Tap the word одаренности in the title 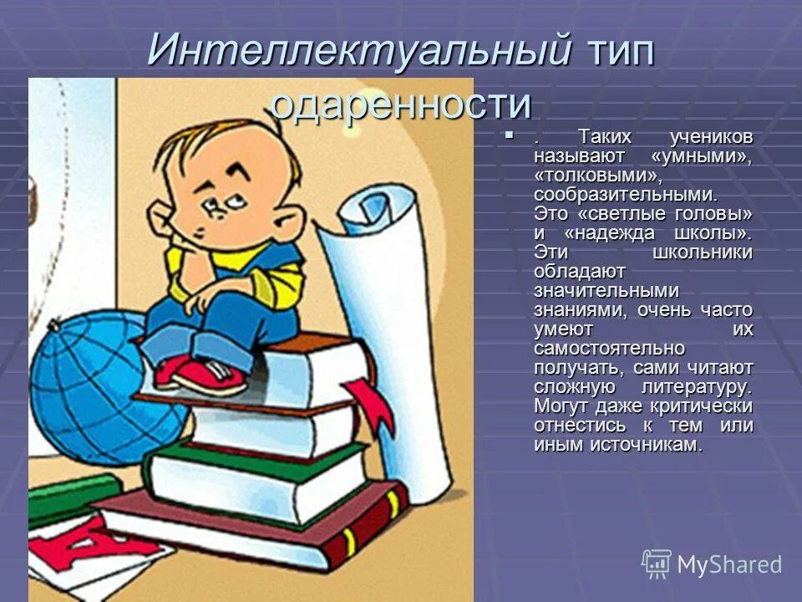[x=401, y=105]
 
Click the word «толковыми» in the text [x=586, y=175]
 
